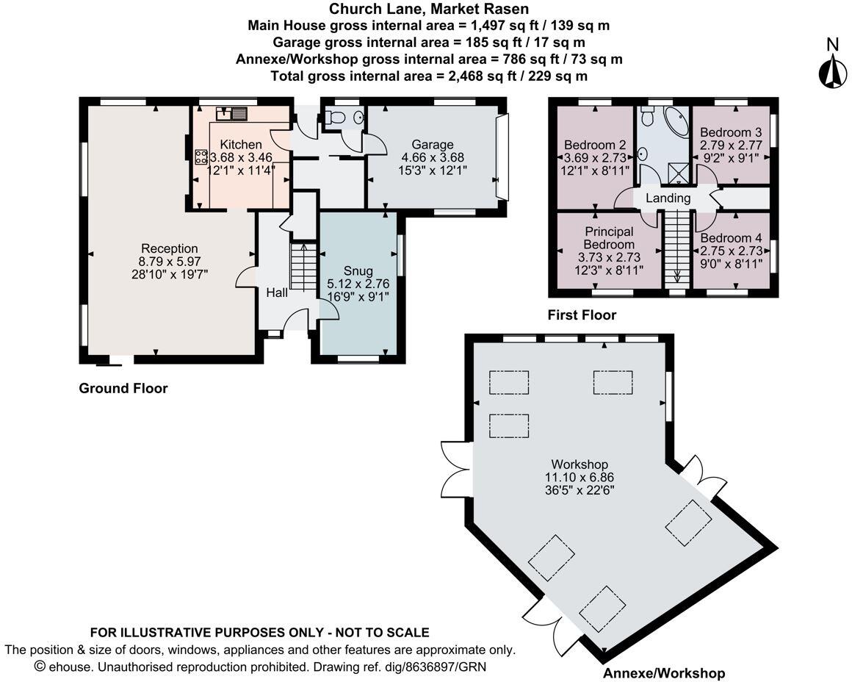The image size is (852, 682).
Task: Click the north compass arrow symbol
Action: tap(832, 71)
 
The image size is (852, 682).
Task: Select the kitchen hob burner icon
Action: tap(200, 156)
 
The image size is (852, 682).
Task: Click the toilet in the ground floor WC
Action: tap(337, 118)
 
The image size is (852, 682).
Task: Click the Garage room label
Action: tap(432, 144)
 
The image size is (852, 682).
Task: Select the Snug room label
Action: tap(358, 271)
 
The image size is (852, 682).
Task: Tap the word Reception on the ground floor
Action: tap(170, 248)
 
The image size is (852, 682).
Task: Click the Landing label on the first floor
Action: tap(668, 198)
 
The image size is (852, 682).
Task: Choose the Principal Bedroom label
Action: tap(609, 238)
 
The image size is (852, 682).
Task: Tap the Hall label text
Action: tap(277, 292)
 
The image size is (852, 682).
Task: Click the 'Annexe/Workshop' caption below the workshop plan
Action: tap(663, 673)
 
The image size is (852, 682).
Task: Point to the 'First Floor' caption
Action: tap(582, 315)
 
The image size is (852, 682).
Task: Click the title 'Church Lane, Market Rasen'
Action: tap(429, 10)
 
